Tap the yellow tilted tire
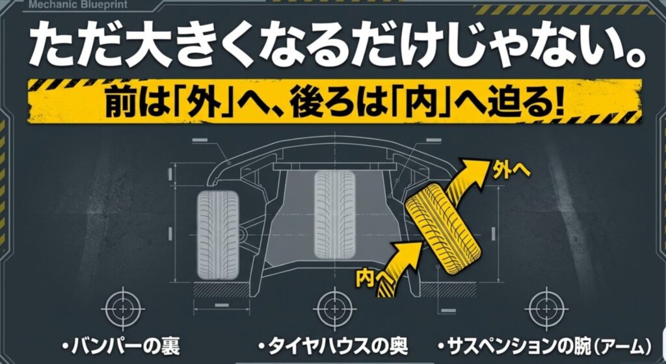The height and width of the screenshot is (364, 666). (442, 220)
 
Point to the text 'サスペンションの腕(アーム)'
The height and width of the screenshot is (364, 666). (544, 344)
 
